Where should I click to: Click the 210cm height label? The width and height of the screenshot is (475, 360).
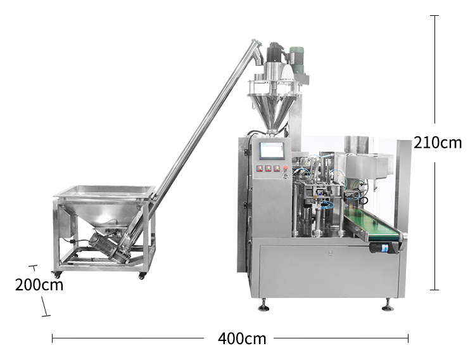[438, 143]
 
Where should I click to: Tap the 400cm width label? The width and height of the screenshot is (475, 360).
[242, 338]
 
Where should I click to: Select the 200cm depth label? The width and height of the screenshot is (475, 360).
[39, 285]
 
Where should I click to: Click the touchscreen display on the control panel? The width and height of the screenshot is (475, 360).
[272, 150]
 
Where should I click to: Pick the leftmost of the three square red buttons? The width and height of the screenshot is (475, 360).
[260, 169]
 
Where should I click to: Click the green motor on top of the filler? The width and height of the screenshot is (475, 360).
[296, 60]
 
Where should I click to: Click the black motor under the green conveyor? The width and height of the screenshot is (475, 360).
[383, 247]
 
